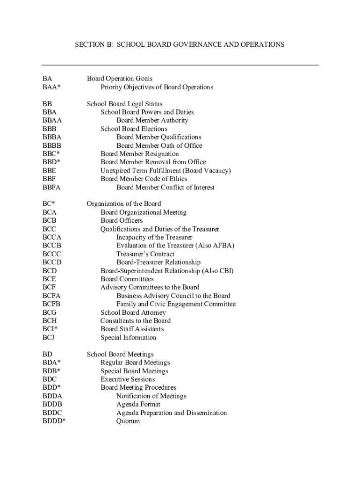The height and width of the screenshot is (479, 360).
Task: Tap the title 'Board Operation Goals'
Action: (119, 79)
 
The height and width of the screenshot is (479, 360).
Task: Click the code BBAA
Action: (52, 120)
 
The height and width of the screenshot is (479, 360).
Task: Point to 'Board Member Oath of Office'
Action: (159, 145)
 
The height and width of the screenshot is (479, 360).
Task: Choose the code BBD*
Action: (51, 162)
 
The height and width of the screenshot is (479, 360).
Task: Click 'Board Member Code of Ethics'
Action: (144, 179)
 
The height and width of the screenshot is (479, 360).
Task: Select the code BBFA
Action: (51, 187)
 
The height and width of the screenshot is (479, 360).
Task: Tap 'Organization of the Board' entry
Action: (123, 203)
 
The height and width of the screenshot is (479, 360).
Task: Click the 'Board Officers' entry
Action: (122, 220)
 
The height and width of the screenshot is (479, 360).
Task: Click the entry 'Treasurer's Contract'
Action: (145, 254)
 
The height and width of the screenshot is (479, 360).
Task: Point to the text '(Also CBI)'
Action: (218, 271)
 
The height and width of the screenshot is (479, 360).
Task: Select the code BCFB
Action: (51, 304)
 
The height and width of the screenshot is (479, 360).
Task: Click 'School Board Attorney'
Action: (133, 312)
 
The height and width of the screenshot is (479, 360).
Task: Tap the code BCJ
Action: (49, 337)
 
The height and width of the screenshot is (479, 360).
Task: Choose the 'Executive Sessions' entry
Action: (128, 379)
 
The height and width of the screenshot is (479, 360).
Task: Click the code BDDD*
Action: (54, 421)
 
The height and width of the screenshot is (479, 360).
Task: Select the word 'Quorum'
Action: (128, 421)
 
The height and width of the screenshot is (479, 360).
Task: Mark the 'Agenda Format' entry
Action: (138, 404)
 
